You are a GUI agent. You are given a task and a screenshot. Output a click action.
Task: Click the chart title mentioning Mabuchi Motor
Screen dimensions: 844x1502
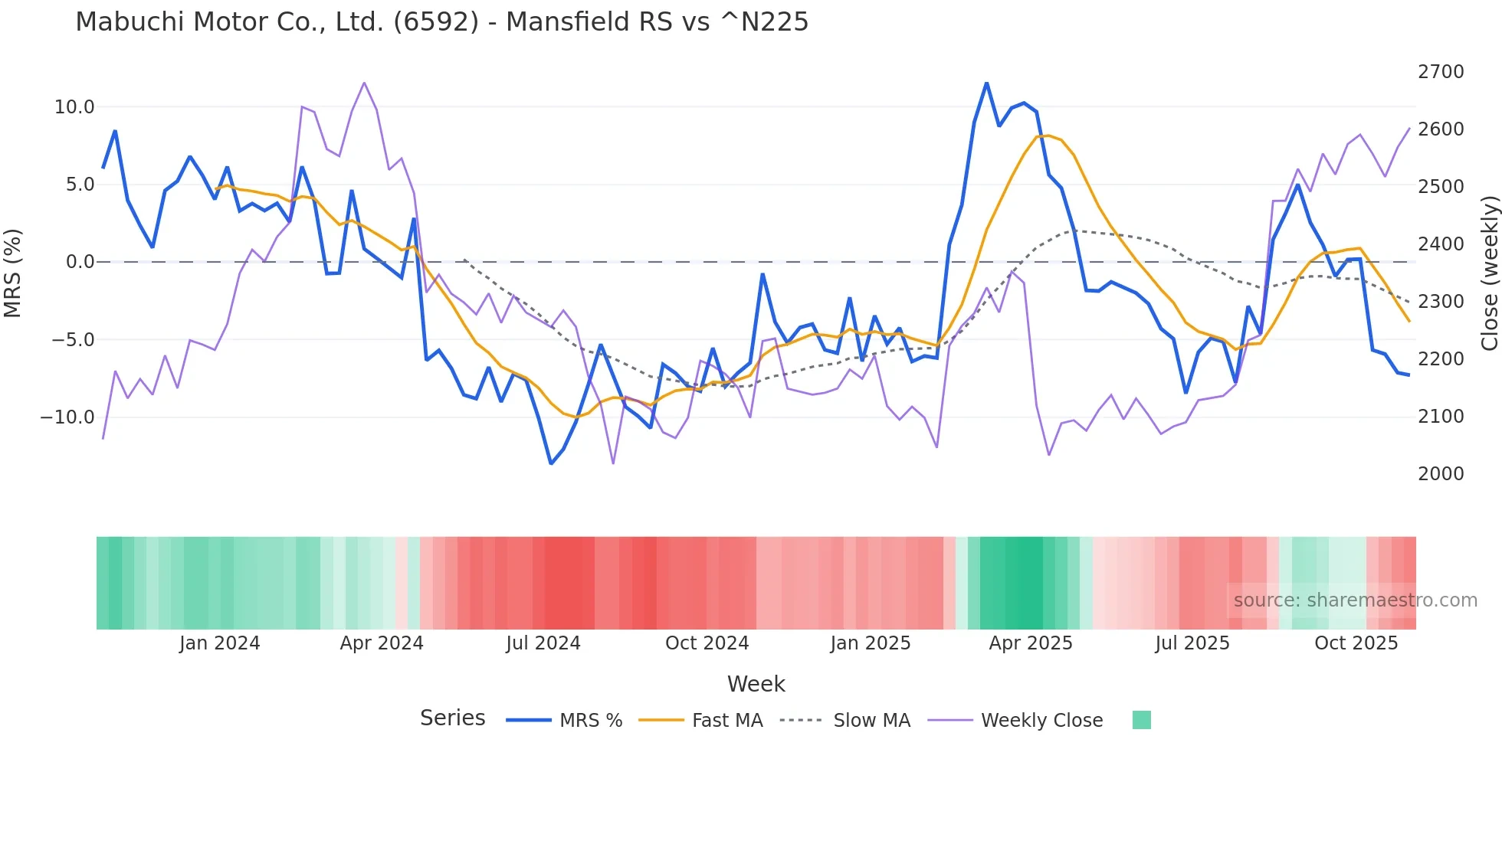[x=441, y=22]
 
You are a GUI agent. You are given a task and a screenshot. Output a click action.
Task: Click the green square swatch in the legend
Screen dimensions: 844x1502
[x=1141, y=720]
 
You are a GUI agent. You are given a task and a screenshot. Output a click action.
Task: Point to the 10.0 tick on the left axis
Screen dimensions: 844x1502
[x=74, y=107]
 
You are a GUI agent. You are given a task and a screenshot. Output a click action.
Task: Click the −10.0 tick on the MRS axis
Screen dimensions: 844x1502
[x=67, y=417]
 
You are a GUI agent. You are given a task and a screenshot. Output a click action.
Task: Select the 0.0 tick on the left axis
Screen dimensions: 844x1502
[x=80, y=262]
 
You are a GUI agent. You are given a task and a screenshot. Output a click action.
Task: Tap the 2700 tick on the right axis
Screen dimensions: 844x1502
[x=1441, y=72]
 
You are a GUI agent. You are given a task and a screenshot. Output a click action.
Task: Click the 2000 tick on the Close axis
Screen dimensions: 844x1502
[x=1441, y=474]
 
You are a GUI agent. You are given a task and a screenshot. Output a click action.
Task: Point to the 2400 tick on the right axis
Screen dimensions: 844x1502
[x=1441, y=244]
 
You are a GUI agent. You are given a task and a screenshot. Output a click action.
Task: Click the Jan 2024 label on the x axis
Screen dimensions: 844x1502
[x=219, y=643]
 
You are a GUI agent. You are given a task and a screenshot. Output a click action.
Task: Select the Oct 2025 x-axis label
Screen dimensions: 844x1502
[x=1356, y=643]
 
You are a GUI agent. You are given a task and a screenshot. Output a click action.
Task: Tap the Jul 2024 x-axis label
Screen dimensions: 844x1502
[x=543, y=643]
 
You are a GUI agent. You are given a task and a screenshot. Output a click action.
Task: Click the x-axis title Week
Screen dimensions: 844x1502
[x=756, y=684]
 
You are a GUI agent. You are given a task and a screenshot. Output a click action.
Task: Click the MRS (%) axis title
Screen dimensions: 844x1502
[x=13, y=273]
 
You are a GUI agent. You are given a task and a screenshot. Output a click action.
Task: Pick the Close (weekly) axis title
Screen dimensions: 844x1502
[x=1489, y=273]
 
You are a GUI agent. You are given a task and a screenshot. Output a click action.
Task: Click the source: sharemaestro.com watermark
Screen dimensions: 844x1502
[x=1355, y=600]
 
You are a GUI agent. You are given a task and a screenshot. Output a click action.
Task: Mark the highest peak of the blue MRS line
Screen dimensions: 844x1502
[x=986, y=83]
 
